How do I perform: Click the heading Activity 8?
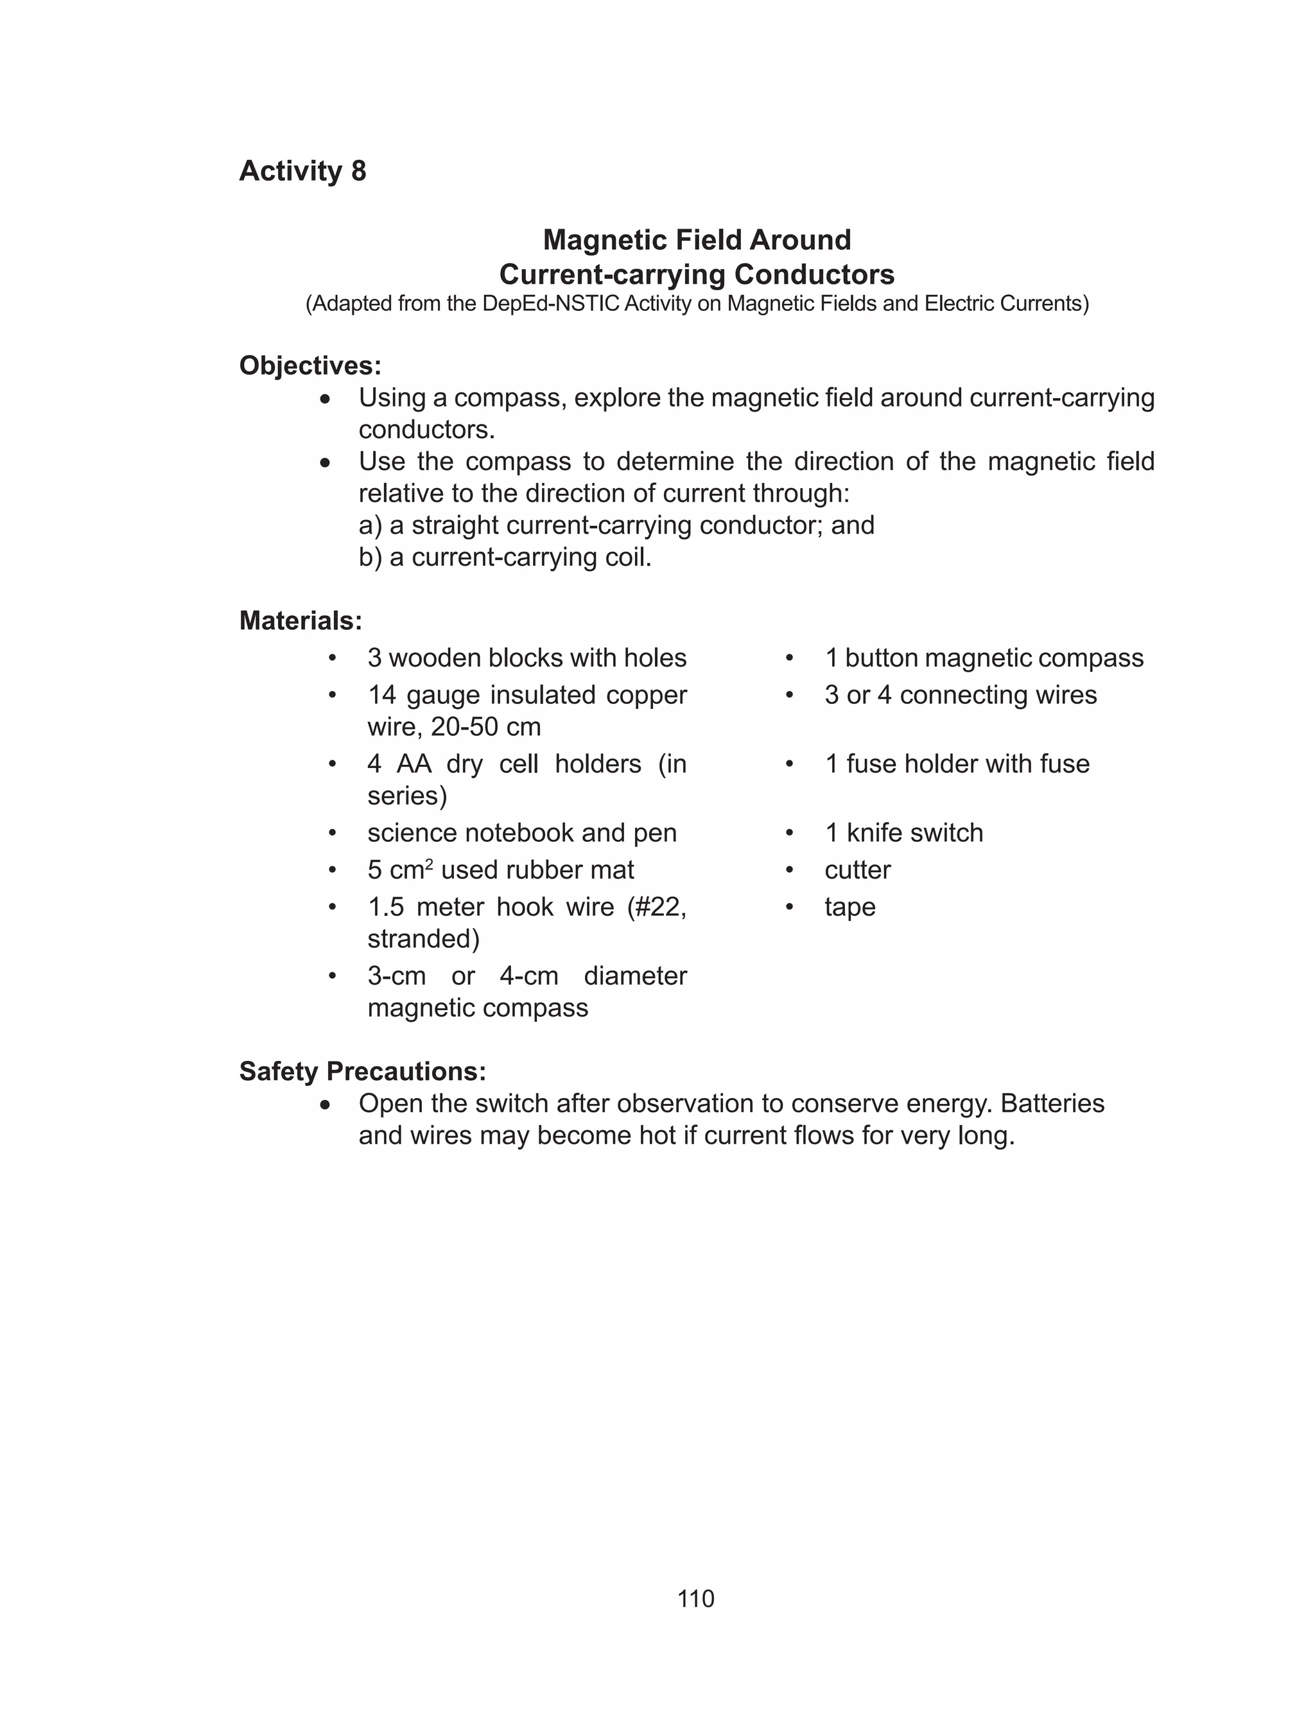point(302,171)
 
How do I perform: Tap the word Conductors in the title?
point(814,274)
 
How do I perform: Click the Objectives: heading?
point(310,365)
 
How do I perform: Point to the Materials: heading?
point(300,620)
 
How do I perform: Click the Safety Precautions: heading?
point(362,1071)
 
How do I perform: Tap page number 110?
point(695,1598)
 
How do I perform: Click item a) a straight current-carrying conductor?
point(616,525)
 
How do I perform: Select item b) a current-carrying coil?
point(505,557)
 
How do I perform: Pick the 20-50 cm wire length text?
point(485,726)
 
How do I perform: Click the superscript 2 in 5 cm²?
point(429,863)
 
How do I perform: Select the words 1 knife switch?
point(903,832)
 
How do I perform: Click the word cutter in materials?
point(857,870)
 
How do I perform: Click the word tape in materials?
point(849,906)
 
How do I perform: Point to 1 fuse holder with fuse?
point(957,763)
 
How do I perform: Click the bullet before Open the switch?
point(326,1105)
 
